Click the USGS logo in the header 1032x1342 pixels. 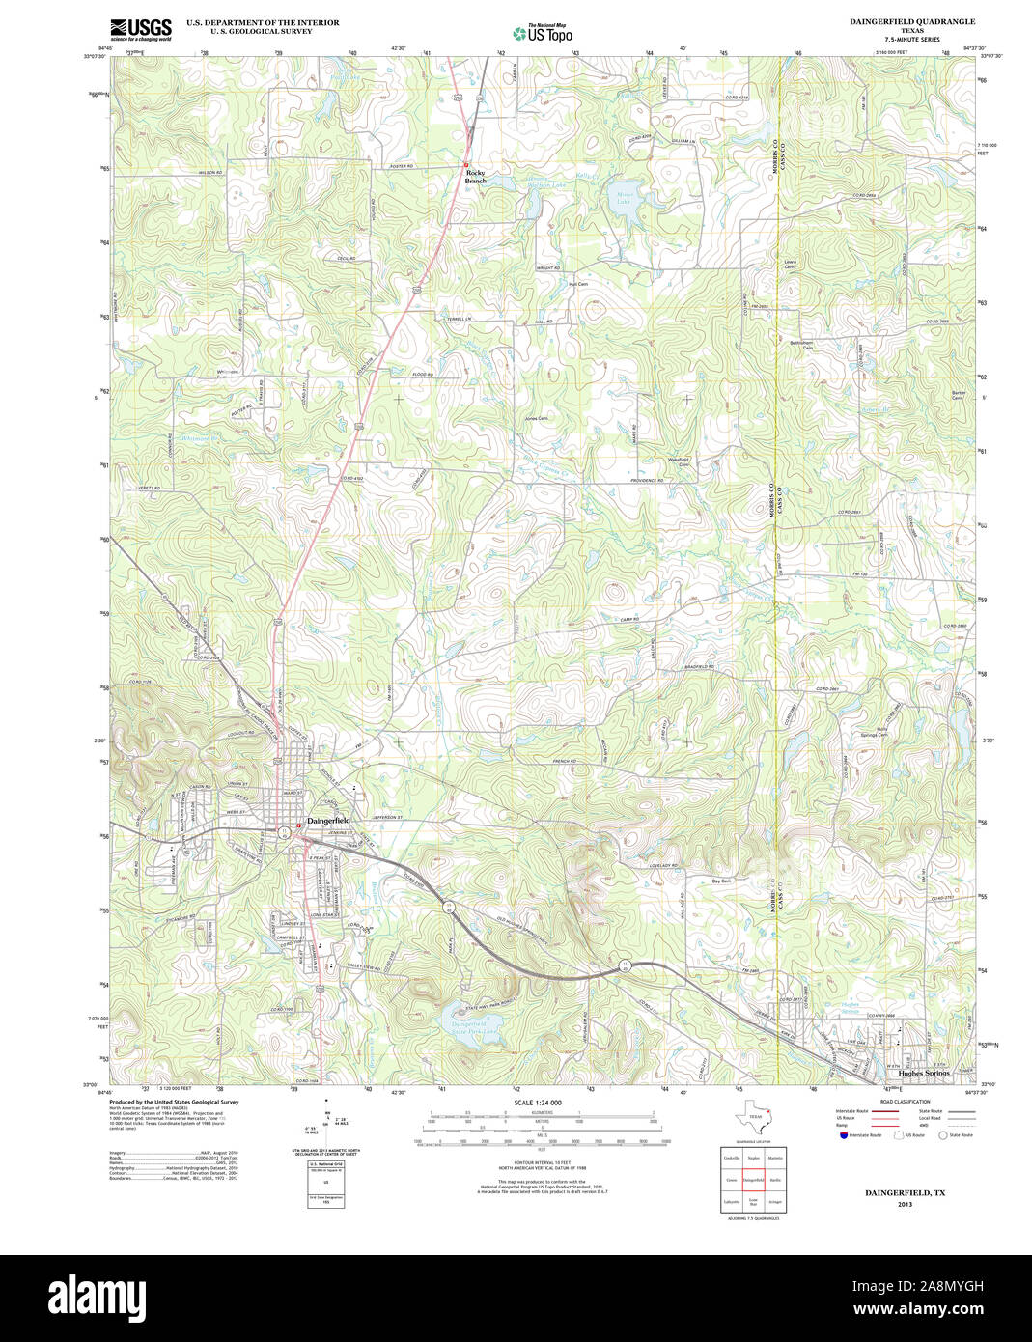coord(140,28)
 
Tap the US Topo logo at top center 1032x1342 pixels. coord(543,33)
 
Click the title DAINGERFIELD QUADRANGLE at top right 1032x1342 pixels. coord(911,21)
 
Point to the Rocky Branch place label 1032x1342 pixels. coord(476,177)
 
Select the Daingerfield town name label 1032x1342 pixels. coord(328,821)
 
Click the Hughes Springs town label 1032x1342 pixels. coord(924,1073)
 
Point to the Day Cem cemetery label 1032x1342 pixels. coord(721,881)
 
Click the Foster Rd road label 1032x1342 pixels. coord(402,167)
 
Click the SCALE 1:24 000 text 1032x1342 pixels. coord(538,1103)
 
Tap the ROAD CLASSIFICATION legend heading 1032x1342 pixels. coord(905,1102)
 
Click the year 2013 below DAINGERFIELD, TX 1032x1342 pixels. coord(904,1204)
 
